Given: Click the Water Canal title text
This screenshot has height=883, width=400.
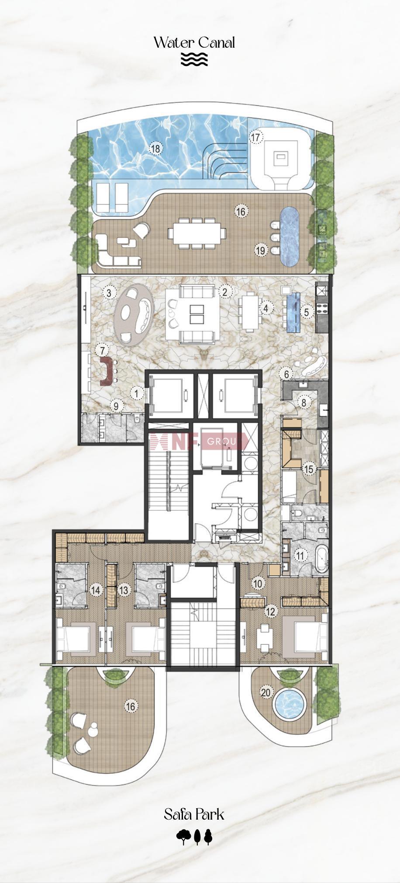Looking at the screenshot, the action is [x=194, y=43].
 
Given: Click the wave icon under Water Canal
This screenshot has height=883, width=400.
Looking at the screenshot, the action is [x=194, y=59].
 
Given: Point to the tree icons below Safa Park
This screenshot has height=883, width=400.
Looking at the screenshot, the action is [x=194, y=836].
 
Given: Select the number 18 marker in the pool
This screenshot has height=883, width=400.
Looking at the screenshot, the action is [x=155, y=149].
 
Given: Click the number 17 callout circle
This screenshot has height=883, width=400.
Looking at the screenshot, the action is [x=256, y=137].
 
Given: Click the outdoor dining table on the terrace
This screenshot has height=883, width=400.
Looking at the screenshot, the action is [x=199, y=233].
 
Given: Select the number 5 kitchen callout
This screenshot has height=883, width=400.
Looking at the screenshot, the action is [x=307, y=312].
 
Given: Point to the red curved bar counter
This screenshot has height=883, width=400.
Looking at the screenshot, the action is [x=106, y=371].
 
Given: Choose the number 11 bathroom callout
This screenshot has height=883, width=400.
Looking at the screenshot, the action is [x=300, y=556].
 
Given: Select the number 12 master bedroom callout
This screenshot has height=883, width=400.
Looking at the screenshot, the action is [x=271, y=611].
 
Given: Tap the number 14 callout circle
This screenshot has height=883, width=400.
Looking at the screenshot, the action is [x=95, y=590].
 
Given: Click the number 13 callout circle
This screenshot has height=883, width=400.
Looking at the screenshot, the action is [x=124, y=590].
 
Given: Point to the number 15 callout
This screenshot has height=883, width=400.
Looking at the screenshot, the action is [x=309, y=469].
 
